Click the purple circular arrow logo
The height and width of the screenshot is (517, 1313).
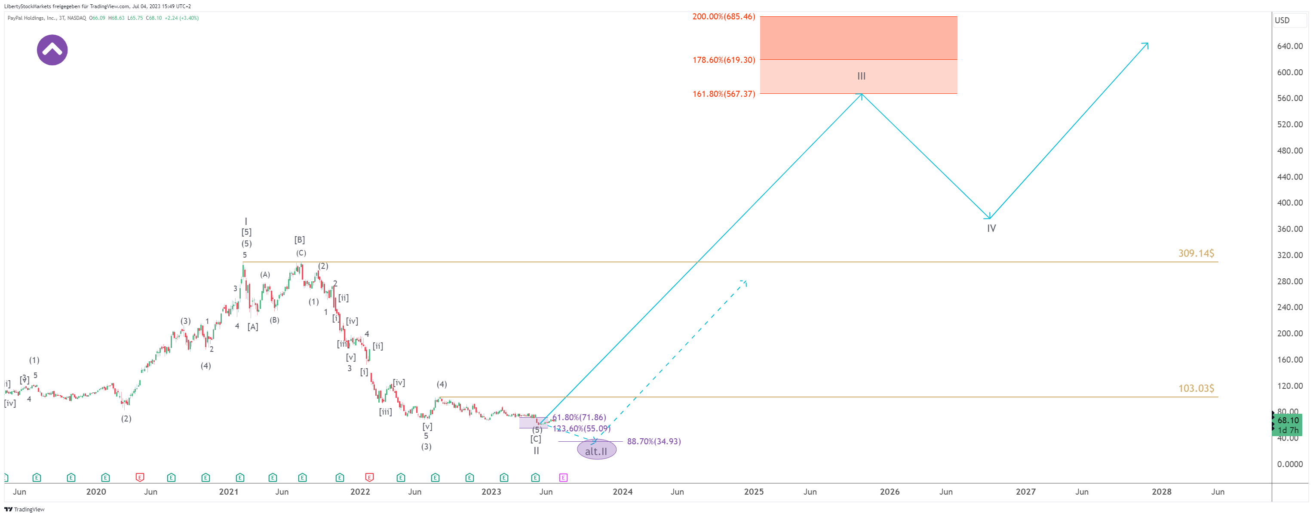[52, 50]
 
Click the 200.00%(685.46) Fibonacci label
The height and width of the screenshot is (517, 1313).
[723, 17]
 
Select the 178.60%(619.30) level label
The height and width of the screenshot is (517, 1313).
[723, 60]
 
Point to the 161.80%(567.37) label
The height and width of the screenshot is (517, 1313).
[723, 94]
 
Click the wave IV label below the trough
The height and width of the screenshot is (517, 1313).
[991, 228]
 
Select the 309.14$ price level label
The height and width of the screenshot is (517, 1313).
[1196, 253]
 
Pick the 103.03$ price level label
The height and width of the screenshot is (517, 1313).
[1196, 388]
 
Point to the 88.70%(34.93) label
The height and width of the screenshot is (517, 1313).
[653, 442]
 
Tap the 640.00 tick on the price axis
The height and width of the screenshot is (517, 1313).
[1289, 46]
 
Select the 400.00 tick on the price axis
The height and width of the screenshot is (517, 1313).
[1289, 203]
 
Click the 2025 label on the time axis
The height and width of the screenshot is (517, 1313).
[753, 492]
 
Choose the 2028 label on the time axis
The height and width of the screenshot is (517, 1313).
[1161, 492]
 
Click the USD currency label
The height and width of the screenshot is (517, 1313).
[1282, 20]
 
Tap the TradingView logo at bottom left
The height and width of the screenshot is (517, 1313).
[25, 509]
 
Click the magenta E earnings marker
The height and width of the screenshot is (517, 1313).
[563, 478]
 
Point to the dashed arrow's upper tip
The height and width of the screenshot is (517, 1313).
[745, 281]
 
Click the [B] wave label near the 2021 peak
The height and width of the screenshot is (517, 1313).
[299, 240]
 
